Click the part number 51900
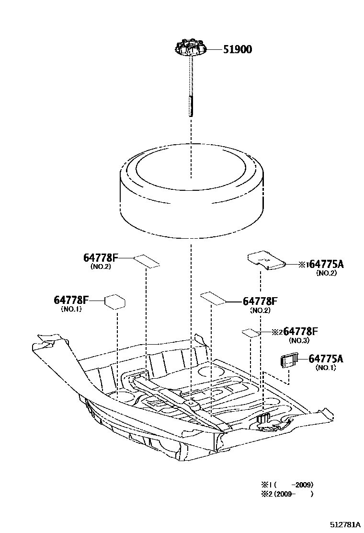[x=238, y=49]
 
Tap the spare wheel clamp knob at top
[x=190, y=49]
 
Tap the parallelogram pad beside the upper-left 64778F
[x=147, y=261]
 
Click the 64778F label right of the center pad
[x=260, y=301]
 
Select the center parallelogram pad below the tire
[x=214, y=298]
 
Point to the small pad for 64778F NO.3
[x=250, y=332]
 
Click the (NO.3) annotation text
[x=299, y=340]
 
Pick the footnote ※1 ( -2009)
[x=287, y=485]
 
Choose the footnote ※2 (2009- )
[x=287, y=494]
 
